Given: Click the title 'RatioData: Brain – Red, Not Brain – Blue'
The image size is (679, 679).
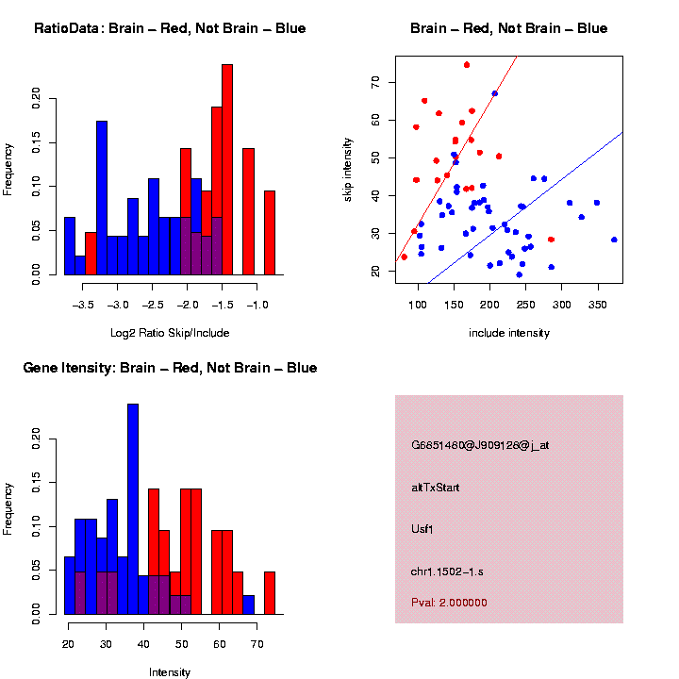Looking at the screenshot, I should coord(170,28).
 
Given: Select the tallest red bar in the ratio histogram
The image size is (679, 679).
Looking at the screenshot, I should coord(227,170).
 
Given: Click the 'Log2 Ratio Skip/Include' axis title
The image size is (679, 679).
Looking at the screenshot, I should coord(170,333).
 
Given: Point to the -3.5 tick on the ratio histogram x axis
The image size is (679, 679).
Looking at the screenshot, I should coord(84,306).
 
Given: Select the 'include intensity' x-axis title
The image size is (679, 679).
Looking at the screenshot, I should coord(509,333).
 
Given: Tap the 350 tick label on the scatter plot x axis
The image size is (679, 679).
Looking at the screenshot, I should coord(597,306).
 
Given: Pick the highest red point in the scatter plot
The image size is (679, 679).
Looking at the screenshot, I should coord(467,65).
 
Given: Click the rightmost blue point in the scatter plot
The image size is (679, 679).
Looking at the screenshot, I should coord(614,240).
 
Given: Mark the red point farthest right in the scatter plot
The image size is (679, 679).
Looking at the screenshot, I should coord(551,240).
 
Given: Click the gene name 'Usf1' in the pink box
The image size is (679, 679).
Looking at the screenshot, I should coord(423,528).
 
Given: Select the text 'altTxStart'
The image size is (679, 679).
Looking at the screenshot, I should coord(436,487).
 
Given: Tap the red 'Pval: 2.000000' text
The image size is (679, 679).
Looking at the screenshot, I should coord(449,603).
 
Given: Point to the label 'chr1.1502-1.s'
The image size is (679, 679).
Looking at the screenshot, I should coord(447,571).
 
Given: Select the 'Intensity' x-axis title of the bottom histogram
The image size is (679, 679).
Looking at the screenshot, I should coord(170,672).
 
